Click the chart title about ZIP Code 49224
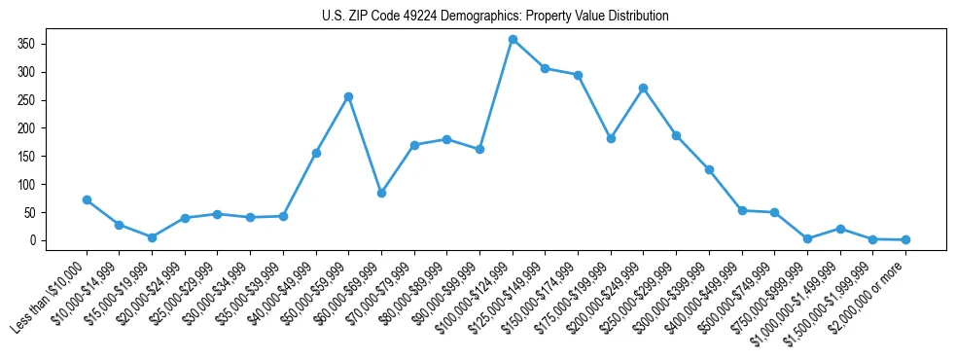(x=495, y=17)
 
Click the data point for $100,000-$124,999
(x=513, y=40)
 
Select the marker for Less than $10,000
(x=87, y=199)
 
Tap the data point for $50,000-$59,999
(x=348, y=96)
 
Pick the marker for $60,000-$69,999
(x=381, y=193)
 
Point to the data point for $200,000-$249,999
(x=644, y=88)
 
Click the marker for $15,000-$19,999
(x=152, y=237)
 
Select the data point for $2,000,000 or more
(x=905, y=239)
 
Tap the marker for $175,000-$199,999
(x=611, y=138)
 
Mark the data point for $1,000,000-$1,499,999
(x=840, y=229)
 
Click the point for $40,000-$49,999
(x=316, y=153)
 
